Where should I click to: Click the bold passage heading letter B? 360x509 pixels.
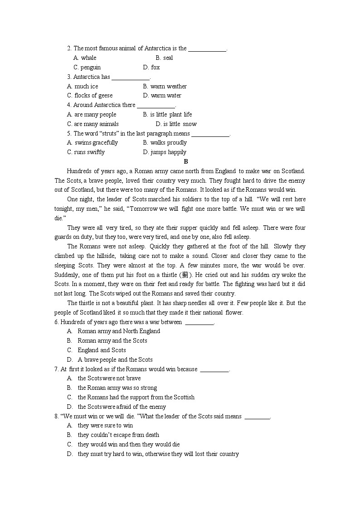tap(186, 161)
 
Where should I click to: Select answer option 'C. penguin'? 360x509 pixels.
tap(87, 67)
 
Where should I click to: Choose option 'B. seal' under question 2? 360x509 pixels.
tap(164, 58)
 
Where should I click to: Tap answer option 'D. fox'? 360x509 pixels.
tap(151, 67)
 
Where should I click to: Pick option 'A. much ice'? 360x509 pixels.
tap(83, 86)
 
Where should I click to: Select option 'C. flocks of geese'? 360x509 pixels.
tap(90, 95)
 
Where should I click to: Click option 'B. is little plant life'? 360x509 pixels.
tap(167, 114)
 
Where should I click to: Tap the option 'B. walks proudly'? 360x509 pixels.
tap(165, 142)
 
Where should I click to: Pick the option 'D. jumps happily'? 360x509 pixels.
tap(165, 152)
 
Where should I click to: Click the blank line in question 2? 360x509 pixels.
tap(207, 48)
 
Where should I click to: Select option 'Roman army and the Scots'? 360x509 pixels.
tap(112, 340)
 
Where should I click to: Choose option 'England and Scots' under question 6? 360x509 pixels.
tap(102, 350)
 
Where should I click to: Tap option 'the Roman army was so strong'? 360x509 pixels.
tap(117, 388)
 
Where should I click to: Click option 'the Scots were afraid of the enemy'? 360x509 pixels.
tap(122, 407)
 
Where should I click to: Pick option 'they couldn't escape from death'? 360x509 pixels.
tap(118, 435)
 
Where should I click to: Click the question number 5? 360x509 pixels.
tap(69, 133)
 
